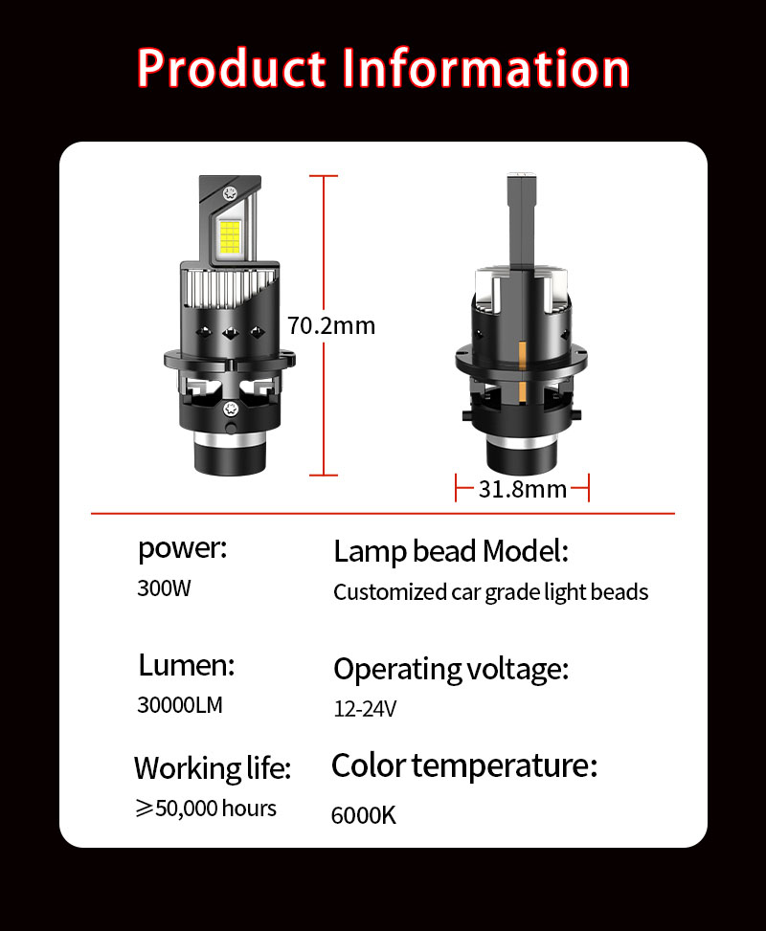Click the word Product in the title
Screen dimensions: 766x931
232,68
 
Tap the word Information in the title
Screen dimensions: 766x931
485,68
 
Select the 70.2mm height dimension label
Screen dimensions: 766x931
331,326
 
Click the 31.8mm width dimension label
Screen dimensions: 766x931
523,489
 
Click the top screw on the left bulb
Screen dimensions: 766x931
230,193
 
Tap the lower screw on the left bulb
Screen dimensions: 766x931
231,409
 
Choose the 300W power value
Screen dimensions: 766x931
164,588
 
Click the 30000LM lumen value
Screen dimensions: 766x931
180,705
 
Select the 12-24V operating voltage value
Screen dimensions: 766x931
365,708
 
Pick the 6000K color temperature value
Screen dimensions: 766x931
364,815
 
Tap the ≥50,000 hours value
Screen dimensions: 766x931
206,809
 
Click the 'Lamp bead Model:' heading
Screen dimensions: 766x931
451,551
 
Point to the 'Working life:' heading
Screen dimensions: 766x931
213,767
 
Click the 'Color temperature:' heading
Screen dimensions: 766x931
464,765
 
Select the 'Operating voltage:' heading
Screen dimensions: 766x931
451,669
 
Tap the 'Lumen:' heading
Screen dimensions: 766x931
187,665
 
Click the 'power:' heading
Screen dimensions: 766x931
183,549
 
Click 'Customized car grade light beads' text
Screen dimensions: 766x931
491,592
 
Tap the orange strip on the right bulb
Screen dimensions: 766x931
522,373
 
